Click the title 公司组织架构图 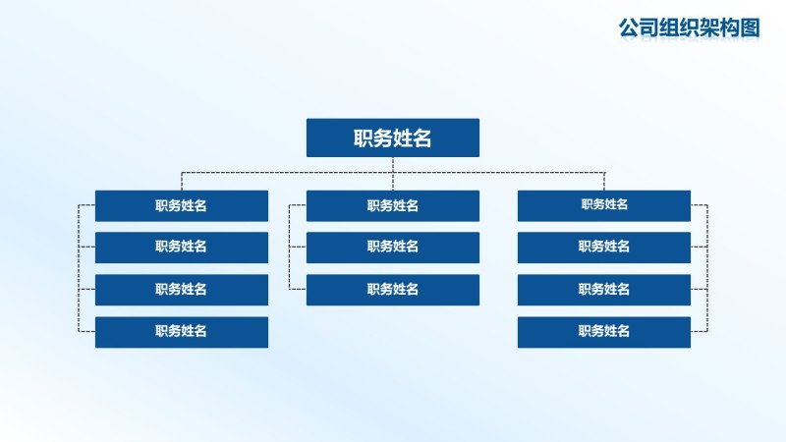690,28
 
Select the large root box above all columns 392,138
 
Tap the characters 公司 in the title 637,28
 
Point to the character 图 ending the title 751,28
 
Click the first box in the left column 181,205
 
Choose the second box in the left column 181,247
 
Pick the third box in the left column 181,289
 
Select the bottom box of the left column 181,331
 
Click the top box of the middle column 392,205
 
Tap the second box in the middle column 392,247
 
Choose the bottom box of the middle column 392,289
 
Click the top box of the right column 603,205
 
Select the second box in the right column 603,247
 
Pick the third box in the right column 603,289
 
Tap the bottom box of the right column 603,331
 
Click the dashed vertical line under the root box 393,165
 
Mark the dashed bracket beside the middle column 290,247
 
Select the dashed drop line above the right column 604,182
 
